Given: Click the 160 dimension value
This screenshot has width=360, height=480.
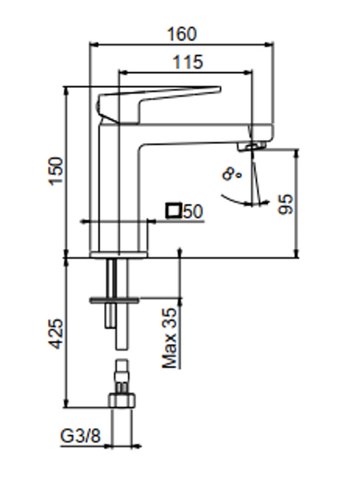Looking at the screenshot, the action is click(x=182, y=34).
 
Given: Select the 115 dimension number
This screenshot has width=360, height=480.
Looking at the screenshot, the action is click(x=188, y=62).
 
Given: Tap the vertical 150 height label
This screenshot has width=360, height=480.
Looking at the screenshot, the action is click(x=56, y=171).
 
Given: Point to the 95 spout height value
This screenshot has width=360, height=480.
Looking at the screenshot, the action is click(x=286, y=204).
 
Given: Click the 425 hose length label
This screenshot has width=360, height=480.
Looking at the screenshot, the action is click(x=56, y=334).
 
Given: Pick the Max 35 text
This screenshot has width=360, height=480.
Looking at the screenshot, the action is click(x=170, y=338).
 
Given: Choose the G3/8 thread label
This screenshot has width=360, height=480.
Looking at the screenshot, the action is click(x=81, y=436).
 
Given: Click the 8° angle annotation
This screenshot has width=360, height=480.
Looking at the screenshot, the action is click(x=232, y=174).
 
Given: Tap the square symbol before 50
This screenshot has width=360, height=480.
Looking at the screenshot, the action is click(x=174, y=210).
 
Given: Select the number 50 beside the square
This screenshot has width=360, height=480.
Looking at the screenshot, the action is click(x=193, y=211).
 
